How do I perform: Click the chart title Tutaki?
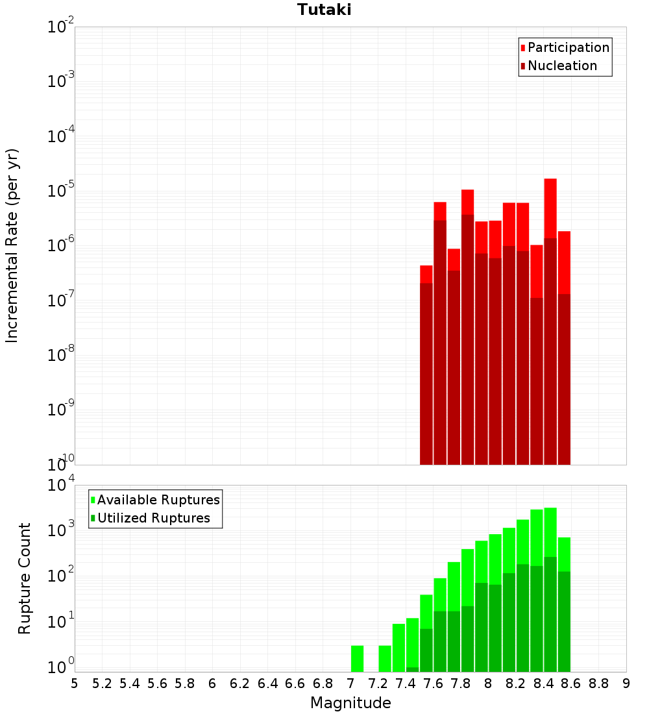[x=324, y=10]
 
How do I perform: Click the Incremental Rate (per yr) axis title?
[x=12, y=245]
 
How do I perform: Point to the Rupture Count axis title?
[x=25, y=578]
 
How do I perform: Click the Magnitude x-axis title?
[x=350, y=703]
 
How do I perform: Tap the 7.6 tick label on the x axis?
[x=434, y=683]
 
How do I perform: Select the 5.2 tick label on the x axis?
[x=103, y=683]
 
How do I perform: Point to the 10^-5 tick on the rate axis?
[x=61, y=191]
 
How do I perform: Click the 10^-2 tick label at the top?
[x=61, y=27]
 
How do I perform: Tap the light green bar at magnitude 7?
[x=357, y=658]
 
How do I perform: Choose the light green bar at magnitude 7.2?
[x=385, y=658]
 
